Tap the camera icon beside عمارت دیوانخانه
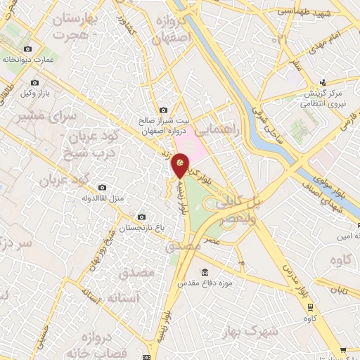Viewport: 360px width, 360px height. pos(27,49)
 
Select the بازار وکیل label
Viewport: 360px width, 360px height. pos(34,93)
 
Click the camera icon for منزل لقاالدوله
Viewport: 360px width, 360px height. pos(103,188)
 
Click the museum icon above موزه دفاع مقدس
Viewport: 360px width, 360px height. pos(205,273)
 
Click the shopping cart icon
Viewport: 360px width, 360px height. pos(343,349)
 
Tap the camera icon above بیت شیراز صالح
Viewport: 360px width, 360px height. pos(163,110)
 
